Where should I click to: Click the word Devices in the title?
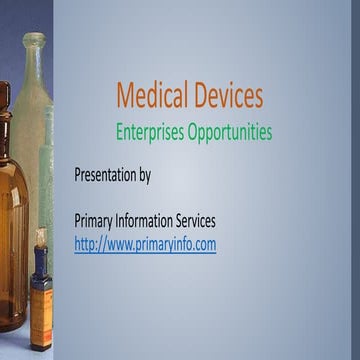[227, 96]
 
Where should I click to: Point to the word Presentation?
[105, 175]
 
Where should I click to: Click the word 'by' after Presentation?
[144, 176]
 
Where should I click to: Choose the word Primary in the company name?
[96, 220]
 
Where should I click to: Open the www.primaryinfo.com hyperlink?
[145, 243]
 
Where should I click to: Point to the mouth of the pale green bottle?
[34, 39]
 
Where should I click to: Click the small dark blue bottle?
[41, 300]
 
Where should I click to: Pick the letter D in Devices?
[200, 96]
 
